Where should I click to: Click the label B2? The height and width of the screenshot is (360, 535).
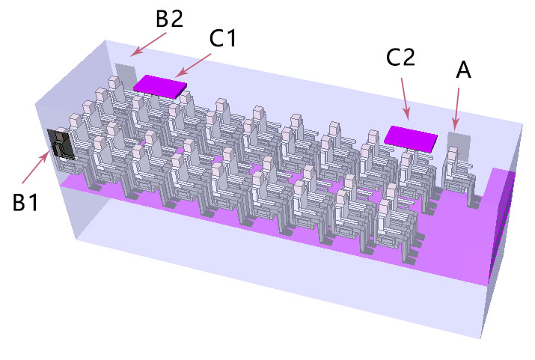pyautogui.click(x=170, y=19)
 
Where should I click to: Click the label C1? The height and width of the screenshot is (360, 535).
pyautogui.click(x=222, y=38)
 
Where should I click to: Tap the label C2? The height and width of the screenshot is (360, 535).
pyautogui.click(x=400, y=57)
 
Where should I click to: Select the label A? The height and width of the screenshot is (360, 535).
pyautogui.click(x=463, y=70)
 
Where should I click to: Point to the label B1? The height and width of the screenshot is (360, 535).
pyautogui.click(x=25, y=202)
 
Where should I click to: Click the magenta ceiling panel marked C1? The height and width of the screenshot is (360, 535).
pyautogui.click(x=160, y=87)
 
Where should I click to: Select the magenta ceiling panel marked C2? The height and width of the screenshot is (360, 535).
pyautogui.click(x=411, y=138)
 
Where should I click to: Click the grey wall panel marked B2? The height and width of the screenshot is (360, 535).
pyautogui.click(x=126, y=77)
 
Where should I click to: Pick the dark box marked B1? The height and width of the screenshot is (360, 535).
pyautogui.click(x=61, y=144)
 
